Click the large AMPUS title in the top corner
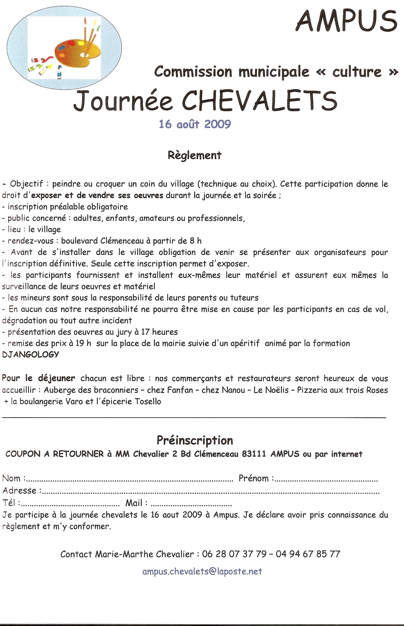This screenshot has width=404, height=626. click(x=347, y=21)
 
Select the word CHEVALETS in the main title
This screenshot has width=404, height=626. click(x=260, y=101)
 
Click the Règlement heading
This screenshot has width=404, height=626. click(x=195, y=155)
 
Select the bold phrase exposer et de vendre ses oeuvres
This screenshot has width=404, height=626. click(x=97, y=195)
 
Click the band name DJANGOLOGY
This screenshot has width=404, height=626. click(x=30, y=354)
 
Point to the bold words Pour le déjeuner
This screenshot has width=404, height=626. click(x=39, y=378)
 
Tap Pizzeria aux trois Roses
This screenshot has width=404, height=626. click(x=342, y=390)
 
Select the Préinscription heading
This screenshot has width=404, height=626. click(x=195, y=440)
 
